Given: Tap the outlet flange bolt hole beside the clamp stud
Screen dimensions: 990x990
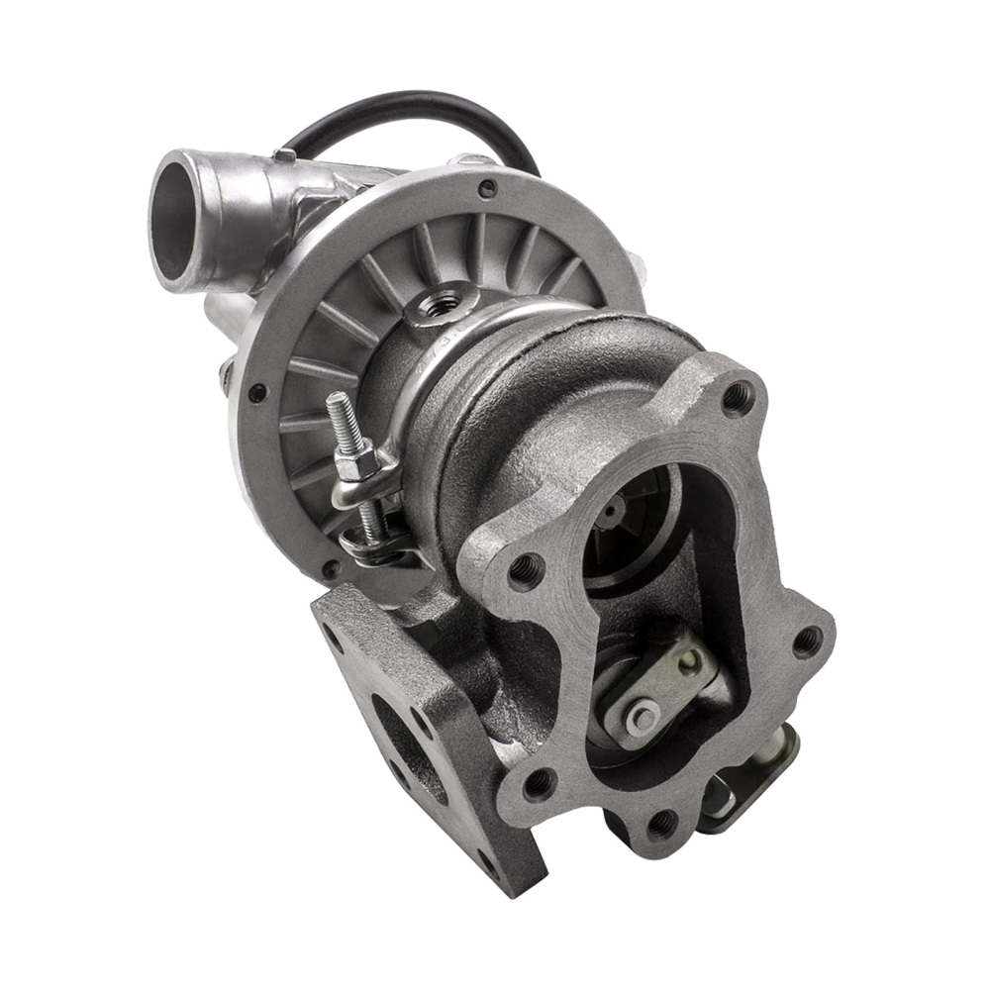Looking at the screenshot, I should [x=522, y=566].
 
